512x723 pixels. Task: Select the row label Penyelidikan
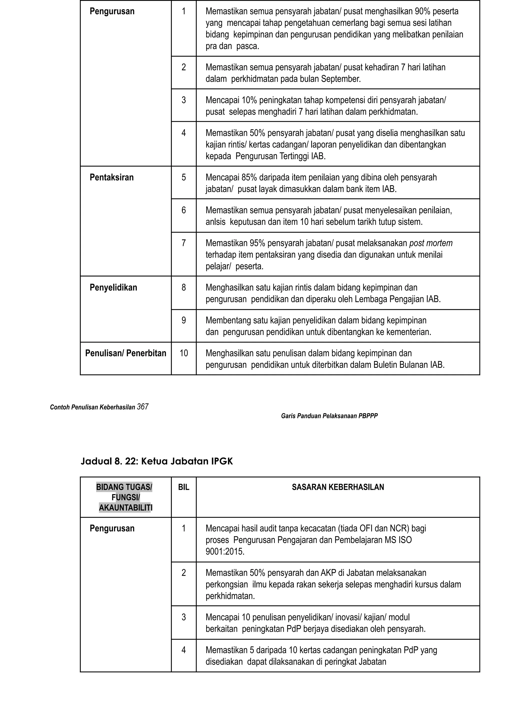click(113, 287)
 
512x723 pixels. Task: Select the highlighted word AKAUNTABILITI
click(125, 508)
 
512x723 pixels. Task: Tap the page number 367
click(142, 407)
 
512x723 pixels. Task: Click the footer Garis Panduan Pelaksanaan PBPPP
click(329, 416)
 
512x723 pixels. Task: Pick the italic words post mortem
click(431, 243)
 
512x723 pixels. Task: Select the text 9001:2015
click(225, 552)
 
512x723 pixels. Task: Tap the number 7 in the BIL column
click(183, 243)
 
